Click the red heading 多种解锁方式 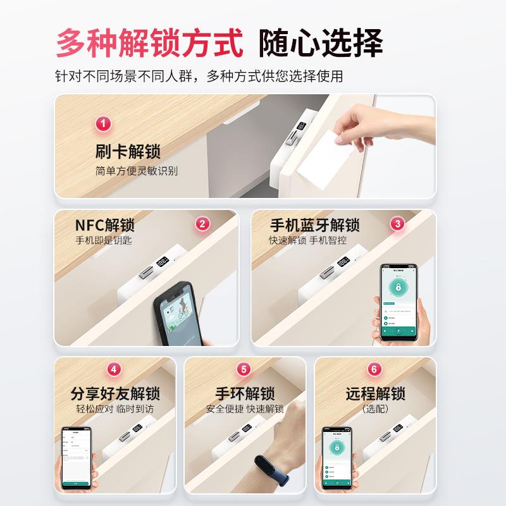coord(149,43)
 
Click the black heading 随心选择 coord(321,43)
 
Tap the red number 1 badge coord(103,123)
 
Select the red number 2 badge coord(202,223)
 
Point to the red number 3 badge coord(397,223)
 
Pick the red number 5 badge coord(244,369)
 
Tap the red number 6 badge coord(374,369)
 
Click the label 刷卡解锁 coord(127,152)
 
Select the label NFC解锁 coord(105,226)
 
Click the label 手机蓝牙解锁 coord(314,226)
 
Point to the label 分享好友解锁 coord(115,393)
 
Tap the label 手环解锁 coord(245,393)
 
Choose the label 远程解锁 coord(375,393)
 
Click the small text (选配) coord(375,409)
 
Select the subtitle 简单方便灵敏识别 coord(136,171)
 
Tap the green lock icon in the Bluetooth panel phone coord(399,288)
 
